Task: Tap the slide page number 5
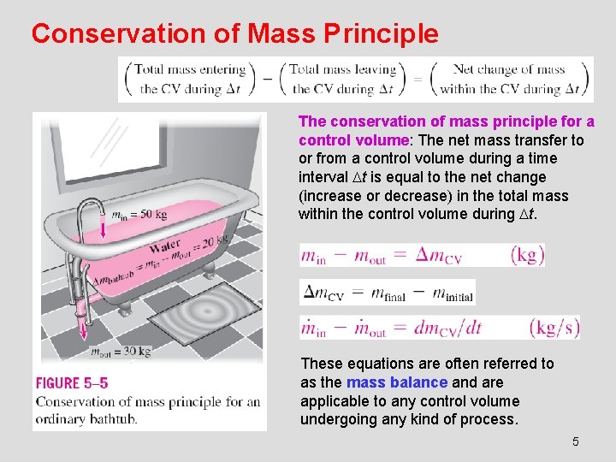[575, 441]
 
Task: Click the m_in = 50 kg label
[139, 214]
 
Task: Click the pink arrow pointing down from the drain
[84, 326]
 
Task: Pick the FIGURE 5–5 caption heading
[72, 383]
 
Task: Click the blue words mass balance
[397, 382]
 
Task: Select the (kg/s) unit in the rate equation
[554, 328]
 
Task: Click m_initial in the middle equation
[452, 293]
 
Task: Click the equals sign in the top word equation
[419, 80]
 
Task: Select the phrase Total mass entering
[190, 70]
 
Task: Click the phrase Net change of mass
[509, 70]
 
